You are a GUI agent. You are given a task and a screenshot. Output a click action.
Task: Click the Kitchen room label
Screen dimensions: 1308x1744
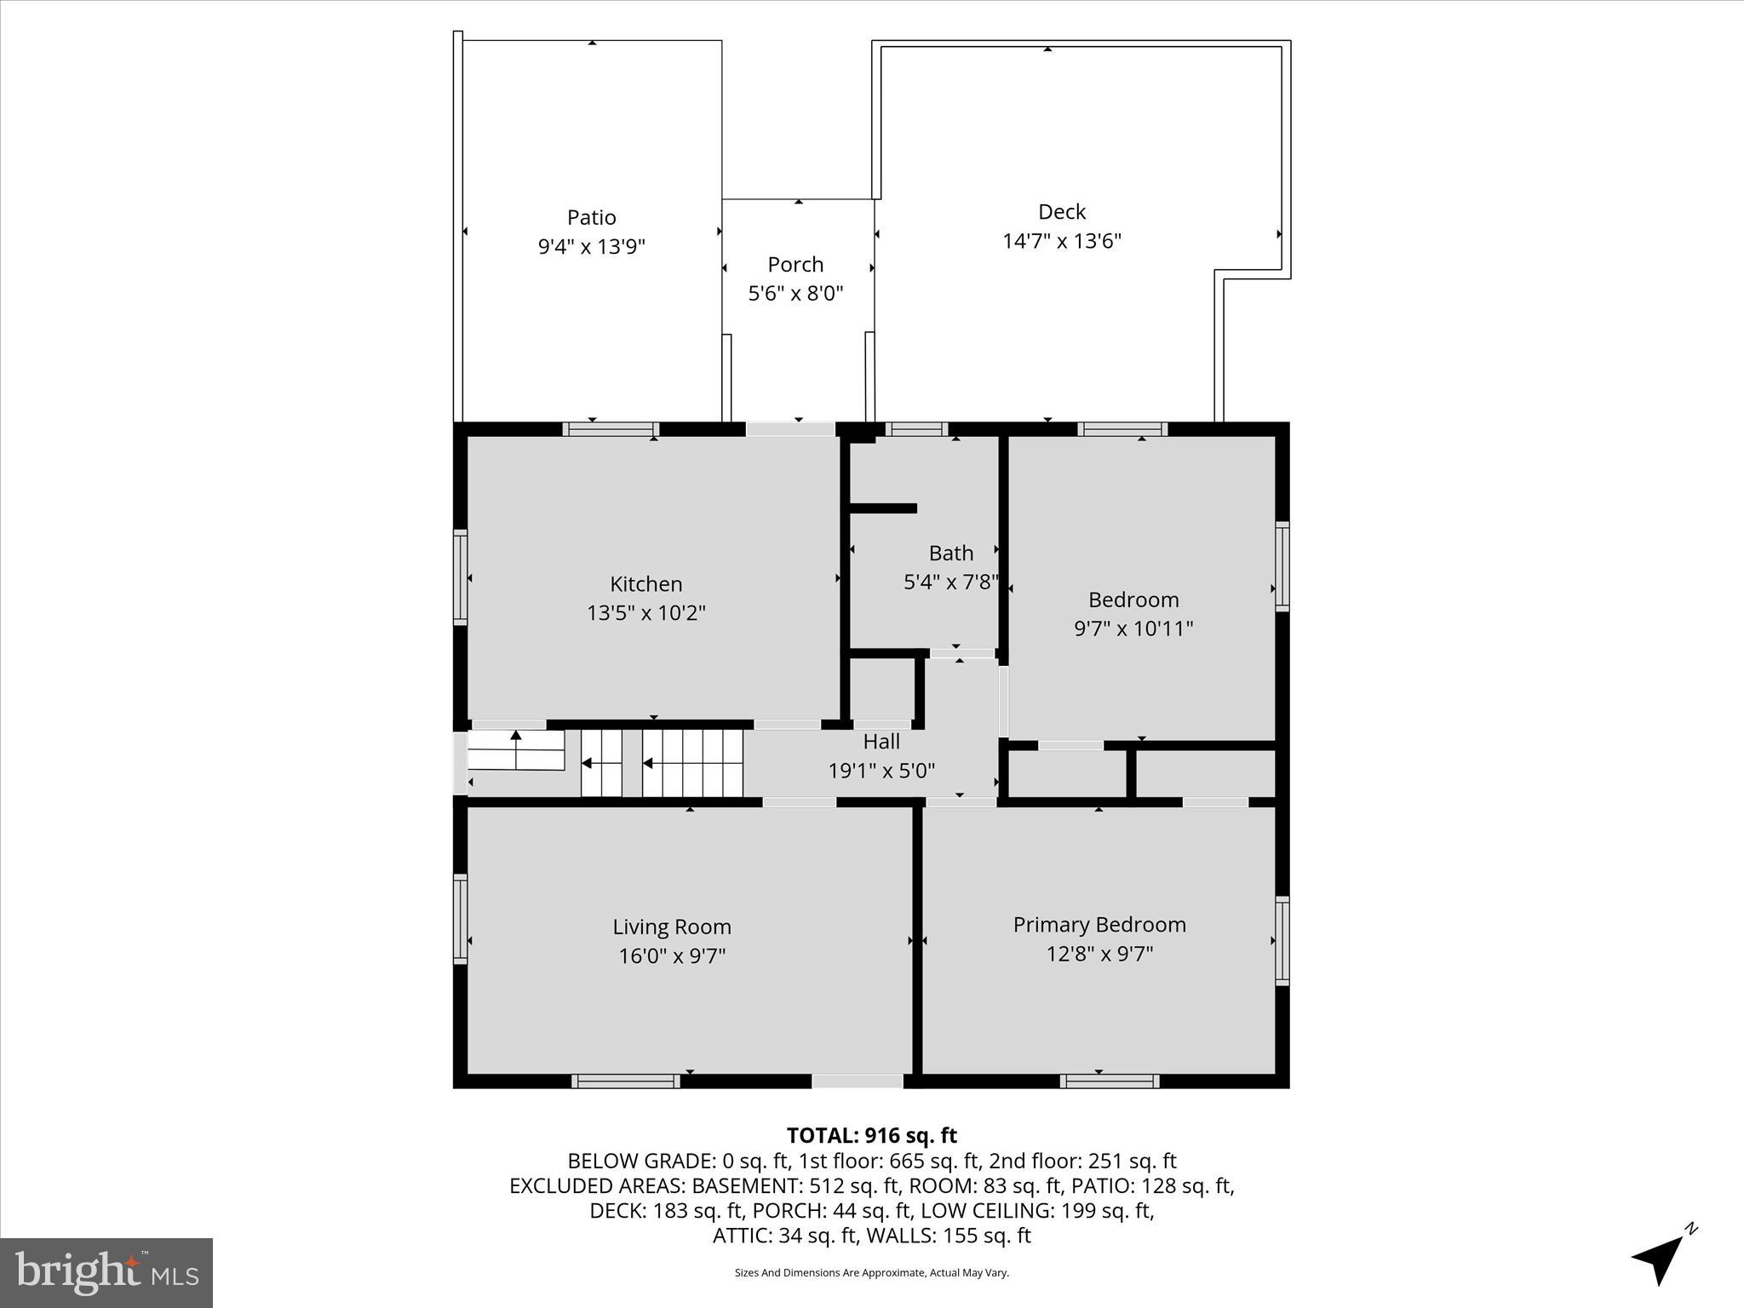pyautogui.click(x=645, y=584)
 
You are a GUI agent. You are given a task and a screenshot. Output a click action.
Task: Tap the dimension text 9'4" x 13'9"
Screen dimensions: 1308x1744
pyautogui.click(x=591, y=247)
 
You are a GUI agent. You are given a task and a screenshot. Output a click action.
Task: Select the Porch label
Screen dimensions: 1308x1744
pyautogui.click(x=795, y=265)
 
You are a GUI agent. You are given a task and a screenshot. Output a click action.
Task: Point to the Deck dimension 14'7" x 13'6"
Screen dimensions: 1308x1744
pyautogui.click(x=1061, y=241)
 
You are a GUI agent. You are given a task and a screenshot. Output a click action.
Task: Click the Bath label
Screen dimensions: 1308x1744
pyautogui.click(x=950, y=554)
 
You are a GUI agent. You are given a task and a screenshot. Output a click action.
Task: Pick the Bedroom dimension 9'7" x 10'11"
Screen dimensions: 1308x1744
pyautogui.click(x=1133, y=628)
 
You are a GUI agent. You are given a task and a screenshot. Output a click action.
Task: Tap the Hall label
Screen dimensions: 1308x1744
pyautogui.click(x=881, y=742)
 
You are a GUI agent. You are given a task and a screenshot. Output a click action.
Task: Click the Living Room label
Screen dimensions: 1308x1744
pyautogui.click(x=671, y=926)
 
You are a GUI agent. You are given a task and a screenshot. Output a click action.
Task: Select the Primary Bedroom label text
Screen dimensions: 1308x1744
pyautogui.click(x=1099, y=925)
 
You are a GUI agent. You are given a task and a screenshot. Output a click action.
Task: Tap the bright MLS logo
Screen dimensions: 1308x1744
pyautogui.click(x=106, y=1272)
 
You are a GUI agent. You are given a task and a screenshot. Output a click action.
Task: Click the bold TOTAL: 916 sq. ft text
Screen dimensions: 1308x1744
pyautogui.click(x=871, y=1135)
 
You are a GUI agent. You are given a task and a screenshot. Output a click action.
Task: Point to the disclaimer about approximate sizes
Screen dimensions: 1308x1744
pyautogui.click(x=871, y=1272)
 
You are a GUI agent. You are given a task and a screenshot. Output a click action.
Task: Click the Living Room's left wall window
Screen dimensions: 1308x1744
pyautogui.click(x=460, y=919)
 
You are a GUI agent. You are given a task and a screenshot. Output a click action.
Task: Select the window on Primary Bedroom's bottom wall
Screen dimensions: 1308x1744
pyautogui.click(x=1109, y=1081)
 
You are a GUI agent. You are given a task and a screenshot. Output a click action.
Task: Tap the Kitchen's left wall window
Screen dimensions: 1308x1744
pyautogui.click(x=460, y=577)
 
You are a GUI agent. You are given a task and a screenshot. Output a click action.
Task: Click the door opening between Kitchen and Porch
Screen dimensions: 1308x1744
pyautogui.click(x=790, y=429)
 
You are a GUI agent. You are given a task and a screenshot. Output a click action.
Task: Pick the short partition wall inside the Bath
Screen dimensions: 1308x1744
pyautogui.click(x=883, y=508)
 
